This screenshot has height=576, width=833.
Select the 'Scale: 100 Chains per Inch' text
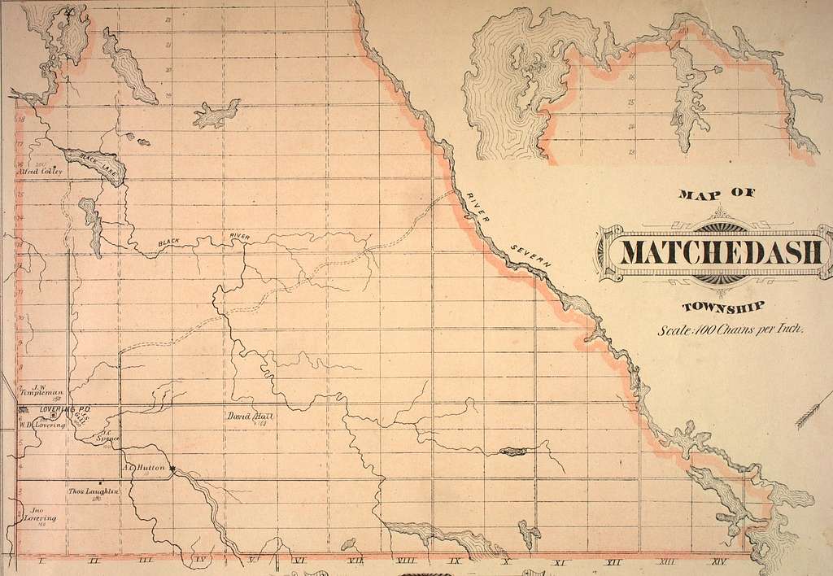[733, 330]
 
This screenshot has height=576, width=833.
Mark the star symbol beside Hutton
[173, 468]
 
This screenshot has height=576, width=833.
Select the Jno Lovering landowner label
[38, 516]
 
